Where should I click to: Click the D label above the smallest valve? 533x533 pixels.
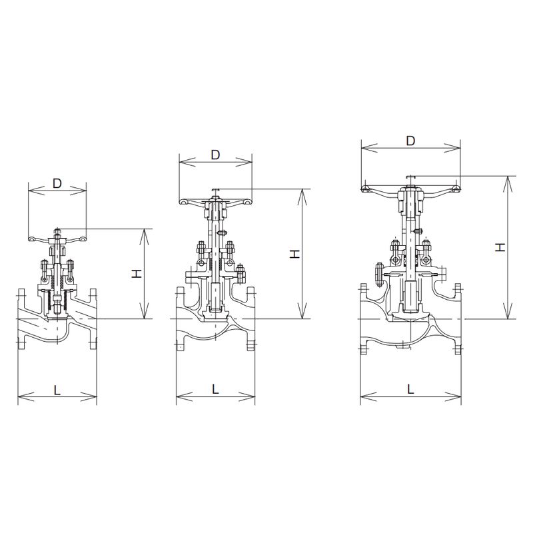(57, 184)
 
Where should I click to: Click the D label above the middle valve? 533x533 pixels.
(215, 155)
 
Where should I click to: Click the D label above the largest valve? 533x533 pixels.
(410, 141)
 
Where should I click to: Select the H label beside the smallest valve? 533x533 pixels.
(137, 273)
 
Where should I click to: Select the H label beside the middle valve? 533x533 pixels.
(294, 254)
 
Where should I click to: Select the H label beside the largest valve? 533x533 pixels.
(500, 247)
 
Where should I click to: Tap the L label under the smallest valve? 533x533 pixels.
(57, 390)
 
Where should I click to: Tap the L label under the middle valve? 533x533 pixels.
(215, 389)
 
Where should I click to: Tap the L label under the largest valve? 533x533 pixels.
(410, 389)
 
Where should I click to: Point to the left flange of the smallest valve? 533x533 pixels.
(21, 319)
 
